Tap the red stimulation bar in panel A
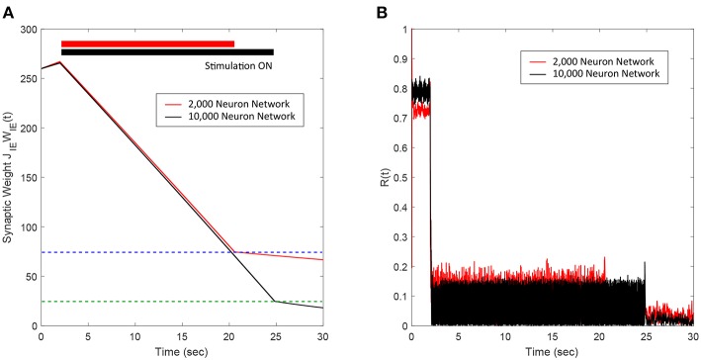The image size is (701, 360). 147,44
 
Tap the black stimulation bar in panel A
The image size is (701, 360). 167,51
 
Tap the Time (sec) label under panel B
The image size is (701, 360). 552,350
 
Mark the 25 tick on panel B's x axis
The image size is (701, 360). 646,336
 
